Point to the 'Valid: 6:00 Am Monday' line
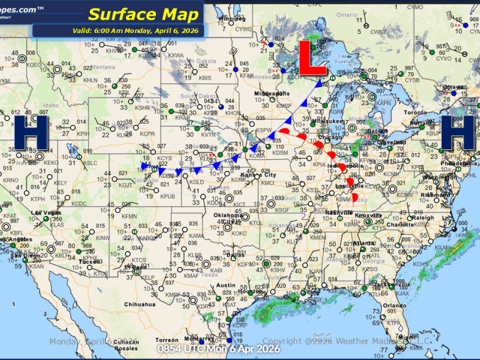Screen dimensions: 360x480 point(118,31)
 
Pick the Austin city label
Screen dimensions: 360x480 point(226,285)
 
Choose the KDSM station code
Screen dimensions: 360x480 point(280,154)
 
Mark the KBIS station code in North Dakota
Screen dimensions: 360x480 point(205,78)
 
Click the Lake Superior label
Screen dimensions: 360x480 point(344,59)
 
